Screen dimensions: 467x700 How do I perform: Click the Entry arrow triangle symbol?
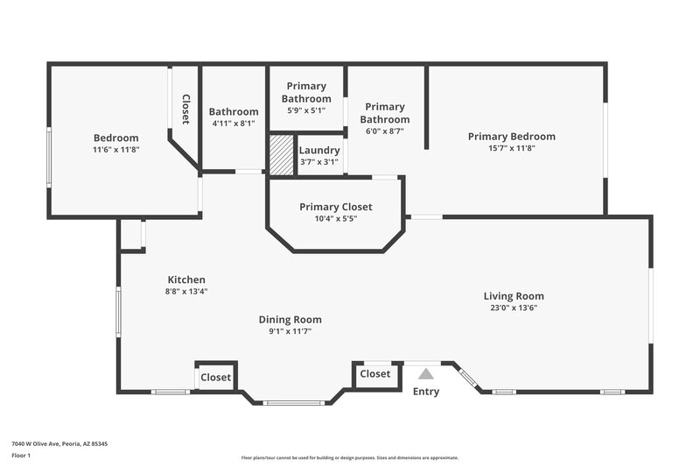pos(426,374)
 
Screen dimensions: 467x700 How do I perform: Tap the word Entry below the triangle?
pos(426,392)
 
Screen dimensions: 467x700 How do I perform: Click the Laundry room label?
pos(318,150)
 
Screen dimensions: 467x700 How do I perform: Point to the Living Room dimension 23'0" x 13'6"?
pos(514,308)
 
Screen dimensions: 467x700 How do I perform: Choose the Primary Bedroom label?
pos(511,136)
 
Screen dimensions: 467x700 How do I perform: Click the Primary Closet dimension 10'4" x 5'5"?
pos(335,218)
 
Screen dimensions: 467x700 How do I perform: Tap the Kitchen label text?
pos(186,279)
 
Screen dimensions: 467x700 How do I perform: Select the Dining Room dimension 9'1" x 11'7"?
pos(290,331)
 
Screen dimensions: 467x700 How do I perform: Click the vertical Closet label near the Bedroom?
pos(185,110)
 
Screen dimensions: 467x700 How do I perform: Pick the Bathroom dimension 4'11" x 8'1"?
pos(233,124)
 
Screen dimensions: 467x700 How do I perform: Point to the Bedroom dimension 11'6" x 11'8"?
pos(115,150)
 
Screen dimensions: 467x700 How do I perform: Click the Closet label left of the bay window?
pos(216,378)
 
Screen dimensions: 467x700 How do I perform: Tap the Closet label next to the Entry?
pos(375,374)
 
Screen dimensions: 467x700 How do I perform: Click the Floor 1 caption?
pos(21,456)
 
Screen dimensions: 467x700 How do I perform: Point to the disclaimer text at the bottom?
pos(349,457)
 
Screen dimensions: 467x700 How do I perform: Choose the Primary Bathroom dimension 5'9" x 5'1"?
pos(305,110)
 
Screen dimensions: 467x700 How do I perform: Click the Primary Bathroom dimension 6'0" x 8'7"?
pos(385,131)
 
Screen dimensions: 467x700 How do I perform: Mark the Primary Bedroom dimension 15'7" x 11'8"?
pos(511,148)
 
